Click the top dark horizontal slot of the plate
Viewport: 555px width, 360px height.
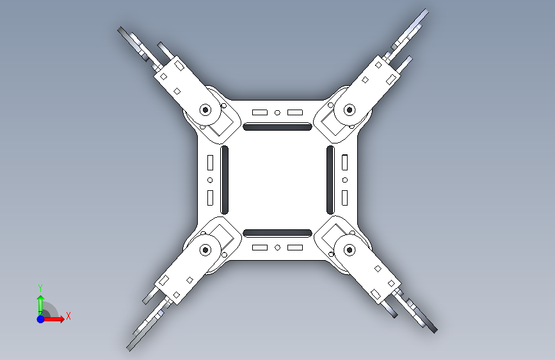pyautogui.click(x=278, y=126)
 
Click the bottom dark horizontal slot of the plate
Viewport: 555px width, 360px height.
pyautogui.click(x=278, y=233)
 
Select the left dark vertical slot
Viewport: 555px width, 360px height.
pyautogui.click(x=225, y=180)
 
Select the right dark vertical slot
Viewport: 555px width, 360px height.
pyautogui.click(x=330, y=180)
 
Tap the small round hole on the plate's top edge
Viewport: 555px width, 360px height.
pyautogui.click(x=278, y=113)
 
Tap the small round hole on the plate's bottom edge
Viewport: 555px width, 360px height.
pyautogui.click(x=278, y=248)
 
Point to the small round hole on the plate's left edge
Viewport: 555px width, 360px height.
pyautogui.click(x=210, y=181)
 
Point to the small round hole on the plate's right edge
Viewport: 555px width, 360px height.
pyautogui.click(x=345, y=180)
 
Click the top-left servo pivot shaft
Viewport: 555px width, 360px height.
pyautogui.click(x=205, y=110)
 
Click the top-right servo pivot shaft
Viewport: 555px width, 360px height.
pyautogui.click(x=350, y=110)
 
